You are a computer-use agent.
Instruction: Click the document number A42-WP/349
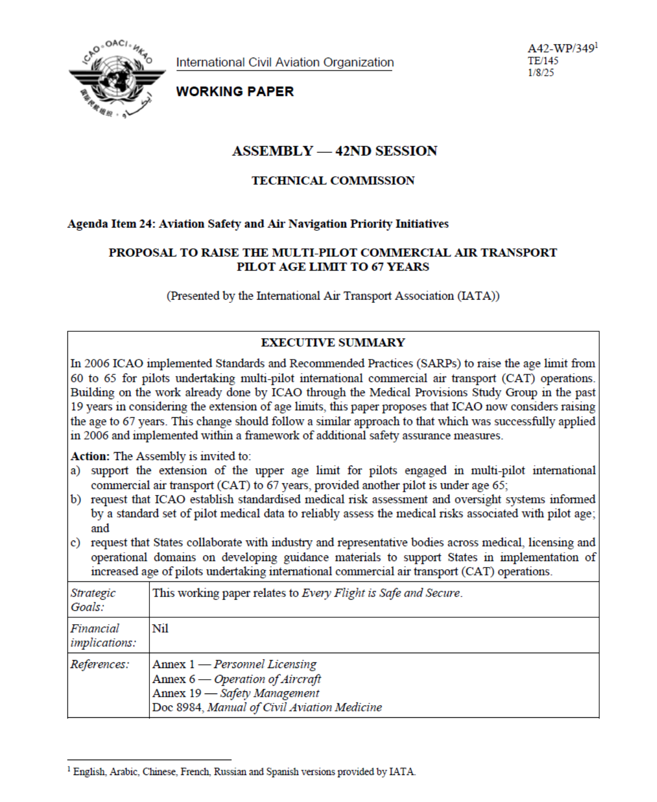pos(561,48)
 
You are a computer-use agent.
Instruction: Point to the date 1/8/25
pos(540,73)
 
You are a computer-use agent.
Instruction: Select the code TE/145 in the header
pos(543,60)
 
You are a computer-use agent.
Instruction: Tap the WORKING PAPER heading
pos(235,92)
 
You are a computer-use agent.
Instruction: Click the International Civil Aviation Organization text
pos(285,62)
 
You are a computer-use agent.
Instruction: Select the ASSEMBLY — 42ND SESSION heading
pos(334,151)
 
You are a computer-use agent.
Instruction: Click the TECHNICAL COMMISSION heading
pos(333,181)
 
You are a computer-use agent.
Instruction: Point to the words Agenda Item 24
pos(109,224)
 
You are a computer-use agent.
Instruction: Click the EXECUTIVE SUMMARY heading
pos(333,343)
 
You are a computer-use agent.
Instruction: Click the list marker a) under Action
pos(75,471)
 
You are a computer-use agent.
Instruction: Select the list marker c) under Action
pos(75,543)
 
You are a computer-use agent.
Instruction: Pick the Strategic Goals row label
pos(93,600)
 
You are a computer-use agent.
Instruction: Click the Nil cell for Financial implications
pos(160,628)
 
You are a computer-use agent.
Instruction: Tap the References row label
pos(100,664)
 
